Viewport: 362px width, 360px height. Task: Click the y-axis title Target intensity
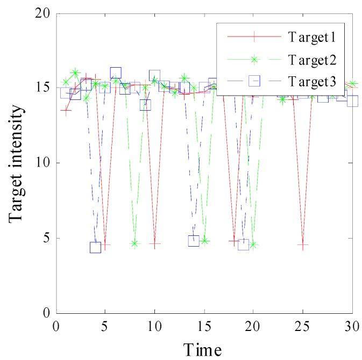[x=17, y=163]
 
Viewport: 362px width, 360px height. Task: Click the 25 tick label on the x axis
[x=303, y=326]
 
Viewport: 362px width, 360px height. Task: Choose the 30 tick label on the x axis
[x=352, y=326]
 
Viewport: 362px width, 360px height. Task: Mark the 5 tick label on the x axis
[x=105, y=326]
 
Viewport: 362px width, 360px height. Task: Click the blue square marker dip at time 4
[x=95, y=247]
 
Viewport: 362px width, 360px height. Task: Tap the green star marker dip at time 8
[x=135, y=243]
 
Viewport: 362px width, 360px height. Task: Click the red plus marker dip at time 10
[x=155, y=244]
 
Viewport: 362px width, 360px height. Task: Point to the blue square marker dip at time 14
[x=194, y=240]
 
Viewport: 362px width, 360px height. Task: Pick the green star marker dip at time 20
[x=253, y=245]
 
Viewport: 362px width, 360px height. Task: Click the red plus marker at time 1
[x=66, y=111]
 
